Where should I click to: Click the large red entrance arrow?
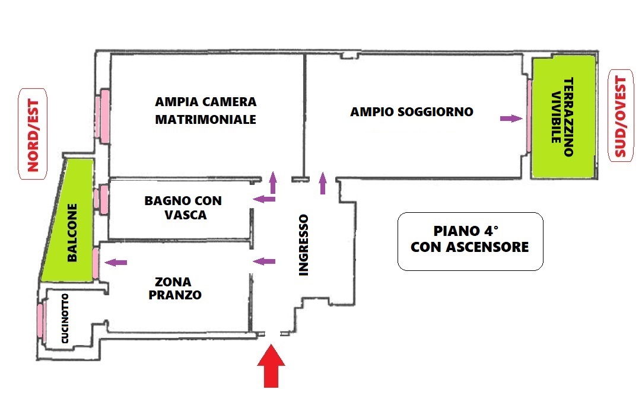pyautogui.click(x=271, y=366)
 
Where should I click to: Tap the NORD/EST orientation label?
pyautogui.click(x=33, y=135)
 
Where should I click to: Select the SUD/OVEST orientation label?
pyautogui.click(x=621, y=116)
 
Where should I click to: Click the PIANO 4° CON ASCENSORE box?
pyautogui.click(x=470, y=241)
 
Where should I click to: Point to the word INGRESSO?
pyautogui.click(x=303, y=245)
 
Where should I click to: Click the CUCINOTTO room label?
pyautogui.click(x=65, y=318)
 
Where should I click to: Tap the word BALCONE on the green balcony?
pyautogui.click(x=72, y=232)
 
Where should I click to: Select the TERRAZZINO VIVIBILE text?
pyautogui.click(x=562, y=117)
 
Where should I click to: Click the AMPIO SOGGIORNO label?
pyautogui.click(x=412, y=111)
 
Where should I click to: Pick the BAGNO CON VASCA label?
pyautogui.click(x=183, y=207)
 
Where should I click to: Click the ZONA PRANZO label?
pyautogui.click(x=175, y=289)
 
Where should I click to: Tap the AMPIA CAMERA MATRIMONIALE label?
pyautogui.click(x=205, y=110)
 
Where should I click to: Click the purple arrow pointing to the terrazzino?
pyautogui.click(x=511, y=119)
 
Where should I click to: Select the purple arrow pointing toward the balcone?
pyautogui.click(x=116, y=262)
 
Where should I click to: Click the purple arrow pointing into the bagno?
pyautogui.click(x=264, y=199)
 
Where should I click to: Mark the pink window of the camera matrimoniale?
pyautogui.click(x=103, y=117)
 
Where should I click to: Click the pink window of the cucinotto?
pyautogui.click(x=40, y=320)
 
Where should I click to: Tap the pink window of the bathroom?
pyautogui.click(x=101, y=199)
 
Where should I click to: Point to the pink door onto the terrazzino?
pyautogui.click(x=529, y=116)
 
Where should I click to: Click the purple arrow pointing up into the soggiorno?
pyautogui.click(x=323, y=183)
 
